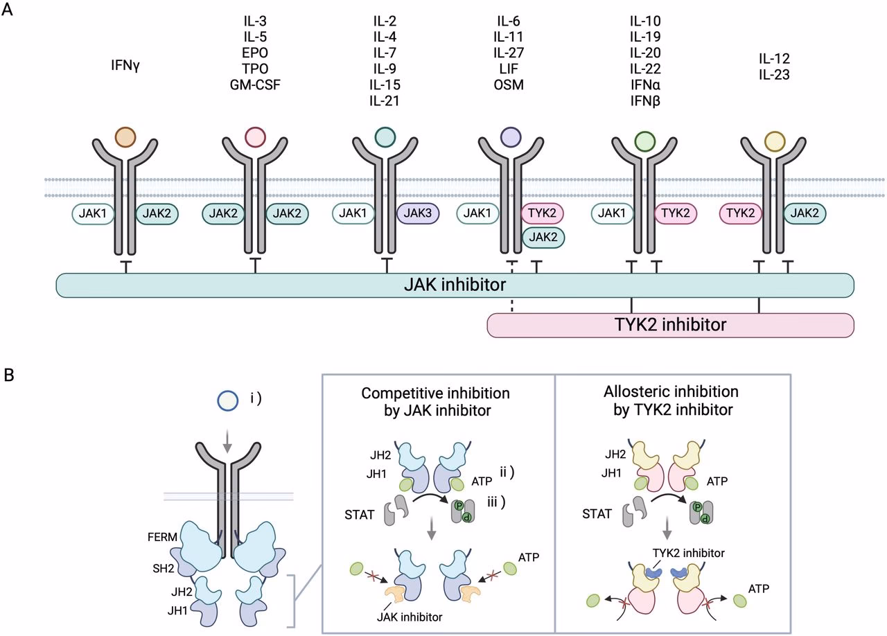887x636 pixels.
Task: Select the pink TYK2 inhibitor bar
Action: [x=669, y=324]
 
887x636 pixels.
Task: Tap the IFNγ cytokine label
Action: [x=125, y=67]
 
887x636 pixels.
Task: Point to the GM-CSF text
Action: [x=253, y=85]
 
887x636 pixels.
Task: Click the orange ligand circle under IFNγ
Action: [x=125, y=136]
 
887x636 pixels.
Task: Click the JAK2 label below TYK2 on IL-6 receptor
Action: [x=543, y=237]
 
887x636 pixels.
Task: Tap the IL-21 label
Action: [x=385, y=100]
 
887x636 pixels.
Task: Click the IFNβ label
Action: [x=645, y=100]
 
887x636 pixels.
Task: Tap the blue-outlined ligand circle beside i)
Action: [x=228, y=401]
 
